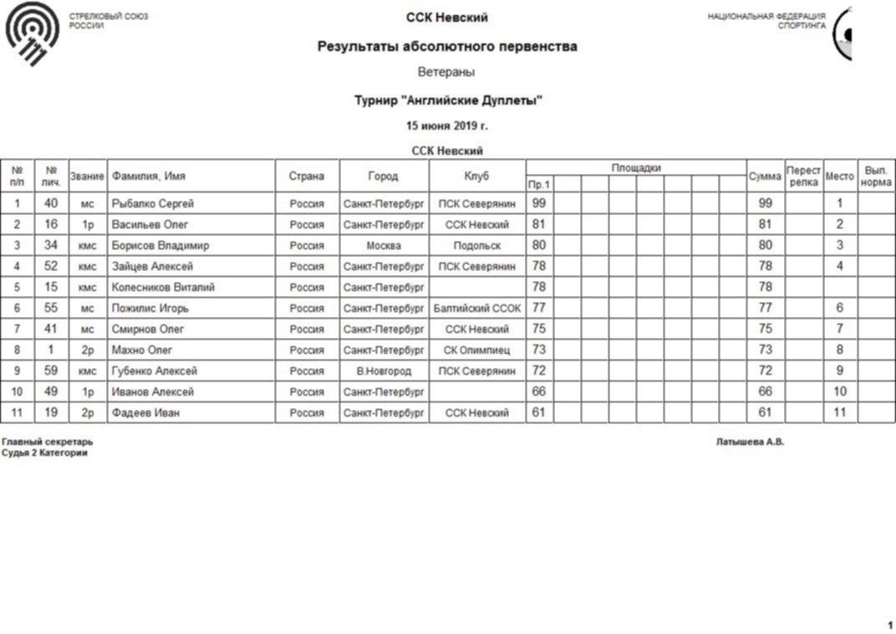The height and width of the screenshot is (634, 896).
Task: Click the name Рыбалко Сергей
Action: tap(153, 203)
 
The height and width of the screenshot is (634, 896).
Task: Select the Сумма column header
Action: tap(765, 176)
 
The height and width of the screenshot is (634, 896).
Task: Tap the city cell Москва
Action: tap(384, 246)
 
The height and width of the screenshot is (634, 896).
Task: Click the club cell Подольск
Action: tap(477, 246)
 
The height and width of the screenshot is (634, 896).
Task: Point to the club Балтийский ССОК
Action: tap(477, 309)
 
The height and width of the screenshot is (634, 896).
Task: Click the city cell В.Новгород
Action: tap(384, 371)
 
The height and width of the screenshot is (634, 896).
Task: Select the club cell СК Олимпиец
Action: tap(477, 350)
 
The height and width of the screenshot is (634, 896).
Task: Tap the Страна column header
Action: tap(307, 176)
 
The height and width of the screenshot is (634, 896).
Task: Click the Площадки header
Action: tap(636, 168)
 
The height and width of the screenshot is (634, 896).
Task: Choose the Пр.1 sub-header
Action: tap(539, 184)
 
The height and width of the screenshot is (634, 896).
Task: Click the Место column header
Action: tap(839, 176)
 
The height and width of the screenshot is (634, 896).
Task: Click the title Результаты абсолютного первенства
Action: tap(447, 47)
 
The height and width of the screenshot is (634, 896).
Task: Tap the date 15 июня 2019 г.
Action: tap(447, 125)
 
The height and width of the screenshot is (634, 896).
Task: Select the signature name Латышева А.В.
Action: tap(750, 442)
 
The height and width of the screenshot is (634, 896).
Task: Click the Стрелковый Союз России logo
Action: tap(33, 33)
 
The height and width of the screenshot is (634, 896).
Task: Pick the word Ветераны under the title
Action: tap(446, 73)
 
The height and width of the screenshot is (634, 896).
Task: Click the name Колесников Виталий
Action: tap(163, 288)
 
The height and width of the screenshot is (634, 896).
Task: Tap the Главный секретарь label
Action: tap(48, 442)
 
